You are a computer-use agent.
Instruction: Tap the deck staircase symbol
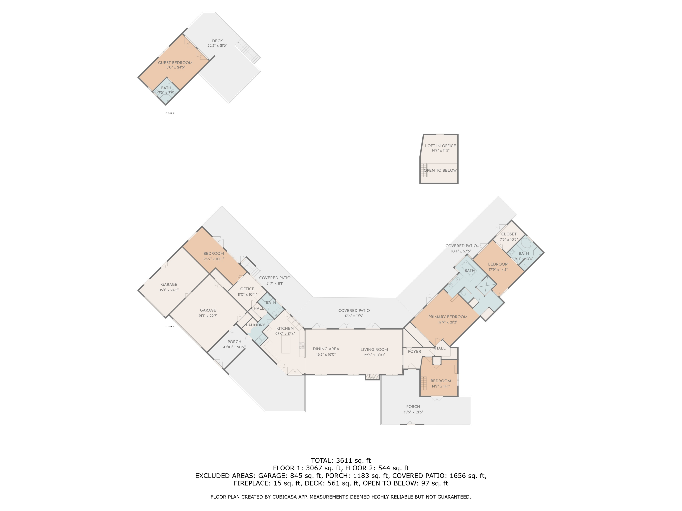click(x=247, y=51)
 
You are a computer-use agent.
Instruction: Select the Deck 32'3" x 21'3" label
click(x=217, y=43)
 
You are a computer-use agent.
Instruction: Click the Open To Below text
click(x=440, y=170)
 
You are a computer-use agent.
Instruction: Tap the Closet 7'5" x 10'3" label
click(x=509, y=237)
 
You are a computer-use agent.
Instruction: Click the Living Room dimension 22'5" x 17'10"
click(x=374, y=355)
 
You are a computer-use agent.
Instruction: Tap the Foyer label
click(x=414, y=351)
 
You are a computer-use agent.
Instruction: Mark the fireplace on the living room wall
click(x=372, y=377)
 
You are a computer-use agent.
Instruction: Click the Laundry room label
click(x=255, y=325)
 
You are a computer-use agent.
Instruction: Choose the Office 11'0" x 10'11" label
click(x=247, y=291)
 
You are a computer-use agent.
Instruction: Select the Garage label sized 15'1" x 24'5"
click(x=169, y=287)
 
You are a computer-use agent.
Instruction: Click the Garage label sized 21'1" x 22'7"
click(x=208, y=313)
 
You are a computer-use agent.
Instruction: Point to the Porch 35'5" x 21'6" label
click(x=413, y=409)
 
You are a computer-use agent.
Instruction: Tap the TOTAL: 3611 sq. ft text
click(x=341, y=461)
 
